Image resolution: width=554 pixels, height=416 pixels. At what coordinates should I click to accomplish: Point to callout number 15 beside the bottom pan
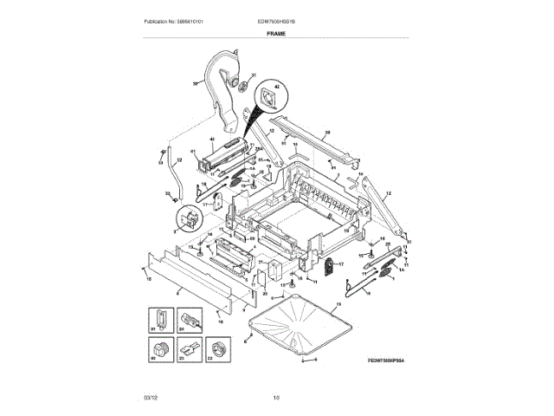pos(338,304)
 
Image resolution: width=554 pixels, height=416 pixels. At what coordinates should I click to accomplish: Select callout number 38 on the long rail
pos(326,133)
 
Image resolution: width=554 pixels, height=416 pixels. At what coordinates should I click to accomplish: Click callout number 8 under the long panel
pos(177,294)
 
